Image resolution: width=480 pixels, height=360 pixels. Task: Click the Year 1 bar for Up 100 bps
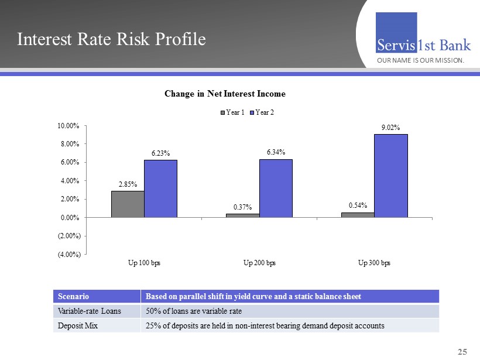pyautogui.click(x=128, y=204)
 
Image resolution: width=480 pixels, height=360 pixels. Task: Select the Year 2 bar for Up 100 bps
pyautogui.click(x=160, y=188)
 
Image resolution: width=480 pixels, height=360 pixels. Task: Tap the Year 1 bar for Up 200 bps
pyautogui.click(x=243, y=215)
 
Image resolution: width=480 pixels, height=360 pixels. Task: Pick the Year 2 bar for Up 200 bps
pyautogui.click(x=276, y=188)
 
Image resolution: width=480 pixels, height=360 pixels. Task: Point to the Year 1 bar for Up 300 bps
pyautogui.click(x=358, y=215)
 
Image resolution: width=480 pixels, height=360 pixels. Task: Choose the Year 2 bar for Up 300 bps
pyautogui.click(x=391, y=176)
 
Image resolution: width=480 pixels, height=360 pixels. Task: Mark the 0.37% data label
pyautogui.click(x=243, y=207)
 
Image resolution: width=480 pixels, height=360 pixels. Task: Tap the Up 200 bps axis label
pyautogui.click(x=259, y=262)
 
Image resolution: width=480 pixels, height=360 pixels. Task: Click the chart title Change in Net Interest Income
pyautogui.click(x=225, y=94)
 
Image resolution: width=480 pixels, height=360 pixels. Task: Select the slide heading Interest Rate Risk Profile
pyautogui.click(x=111, y=39)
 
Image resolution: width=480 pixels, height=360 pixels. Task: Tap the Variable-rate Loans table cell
pyautogui.click(x=89, y=311)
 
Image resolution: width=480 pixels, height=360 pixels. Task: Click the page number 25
pyautogui.click(x=462, y=352)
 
